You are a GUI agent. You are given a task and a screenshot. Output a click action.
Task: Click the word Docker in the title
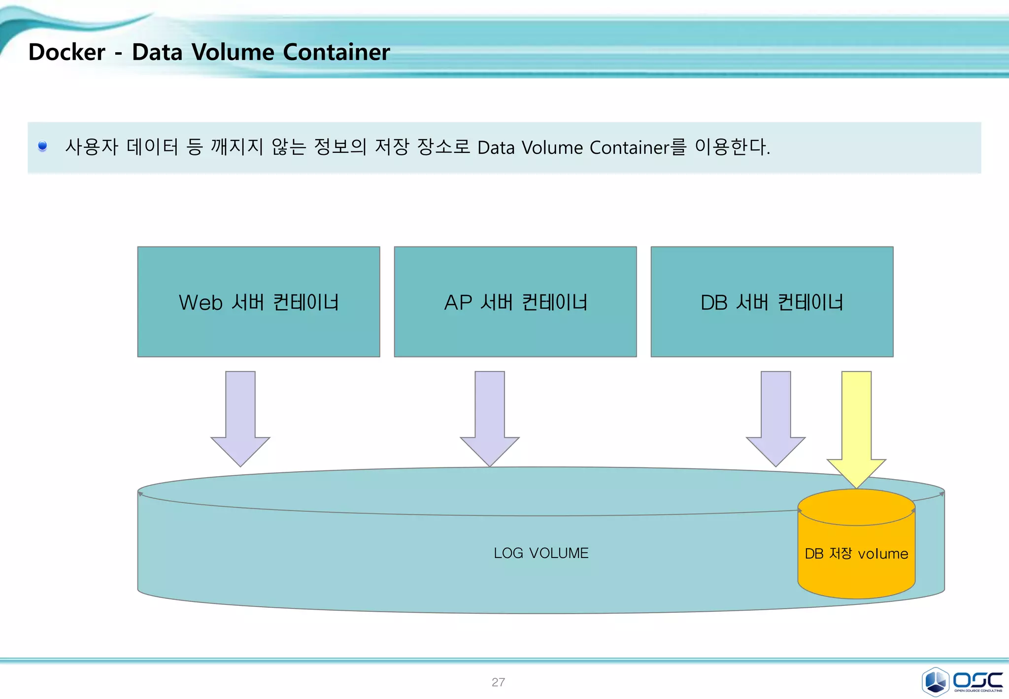pyautogui.click(x=67, y=52)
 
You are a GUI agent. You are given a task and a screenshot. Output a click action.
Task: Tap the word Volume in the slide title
pyautogui.click(x=233, y=52)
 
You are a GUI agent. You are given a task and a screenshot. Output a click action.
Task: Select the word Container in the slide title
pyautogui.click(x=336, y=52)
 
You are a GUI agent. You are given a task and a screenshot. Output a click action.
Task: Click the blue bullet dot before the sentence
pyautogui.click(x=43, y=146)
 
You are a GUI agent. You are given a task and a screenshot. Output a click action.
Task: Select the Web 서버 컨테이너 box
pyautogui.click(x=259, y=302)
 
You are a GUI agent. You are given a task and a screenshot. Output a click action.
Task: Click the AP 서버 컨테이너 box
pyautogui.click(x=515, y=302)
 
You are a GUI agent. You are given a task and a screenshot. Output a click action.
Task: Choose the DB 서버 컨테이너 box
pyautogui.click(x=772, y=302)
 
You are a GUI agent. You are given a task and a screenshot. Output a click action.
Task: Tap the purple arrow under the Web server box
pyautogui.click(x=240, y=419)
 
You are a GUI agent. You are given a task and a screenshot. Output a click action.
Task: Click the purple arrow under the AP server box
pyautogui.click(x=490, y=419)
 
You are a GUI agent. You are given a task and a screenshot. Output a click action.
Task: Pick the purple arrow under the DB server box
pyautogui.click(x=776, y=419)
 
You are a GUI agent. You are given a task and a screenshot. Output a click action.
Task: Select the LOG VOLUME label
pyautogui.click(x=541, y=553)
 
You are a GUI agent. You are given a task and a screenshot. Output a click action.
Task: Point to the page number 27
pyautogui.click(x=498, y=682)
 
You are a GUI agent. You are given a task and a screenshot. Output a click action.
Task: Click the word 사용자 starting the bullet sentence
pyautogui.click(x=92, y=147)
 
